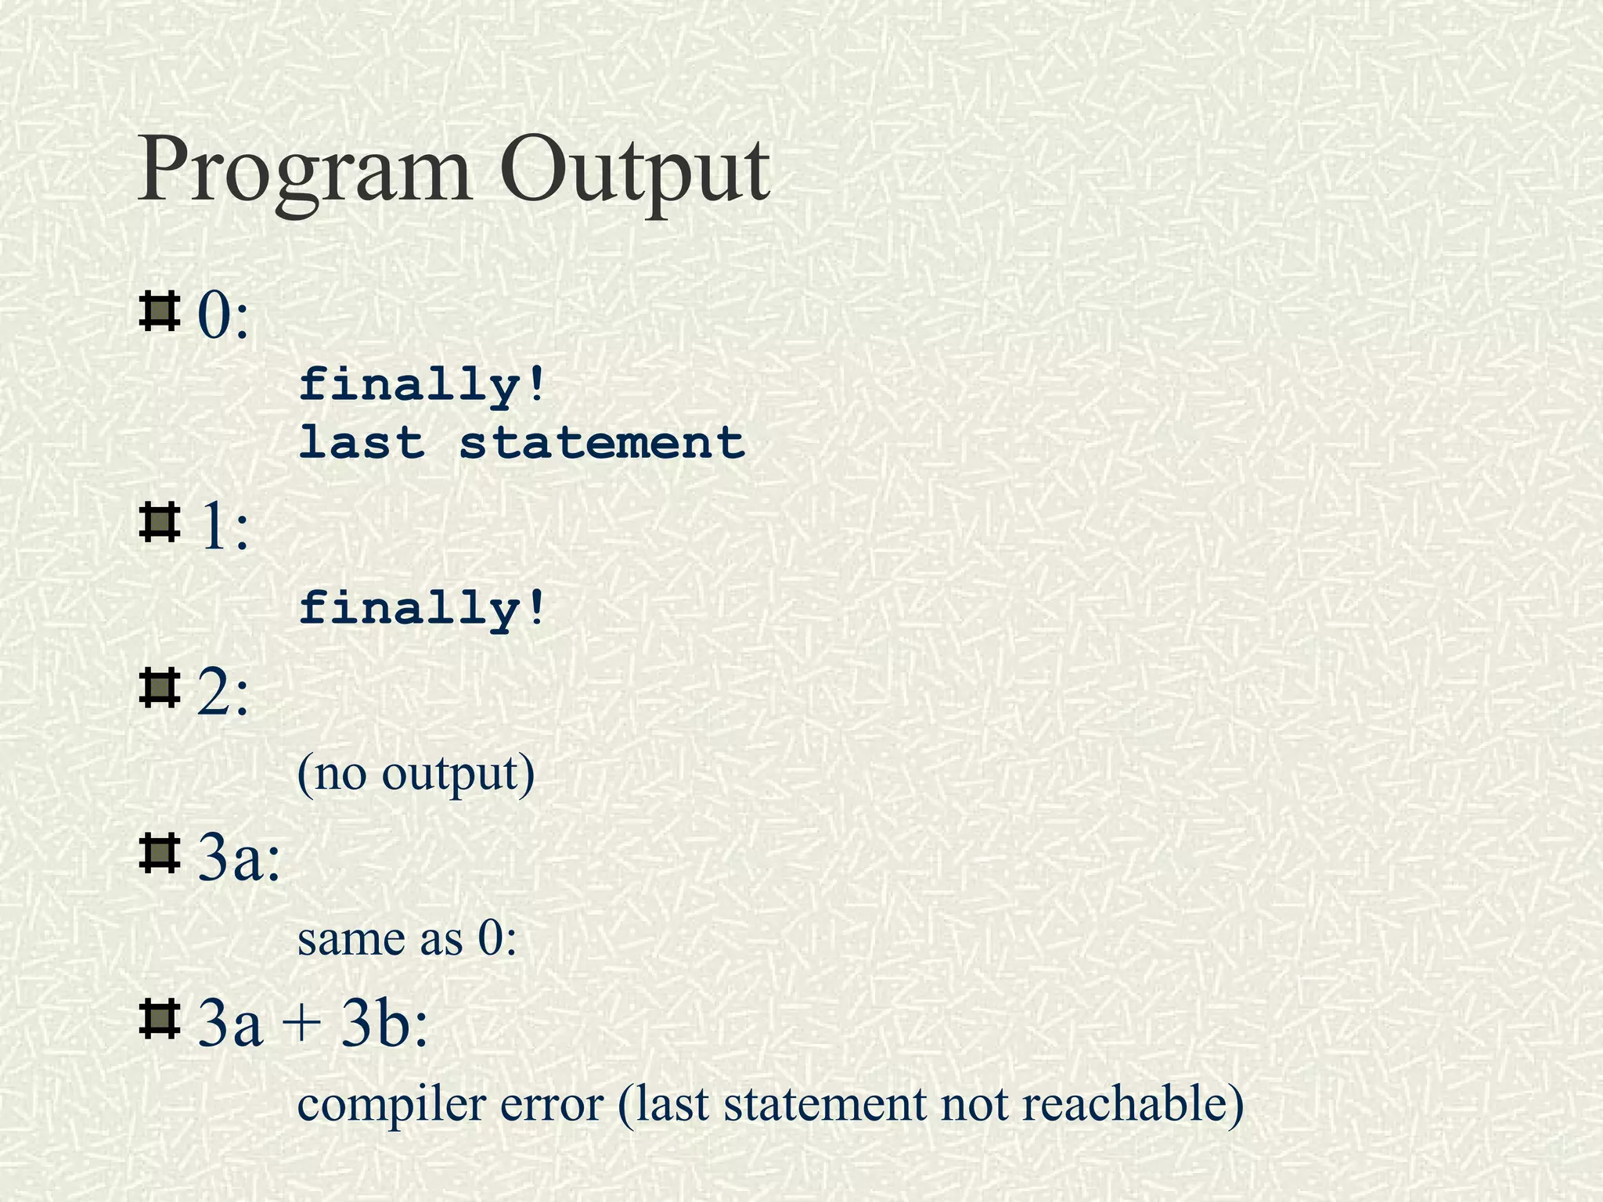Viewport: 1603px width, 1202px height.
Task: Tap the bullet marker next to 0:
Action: click(159, 311)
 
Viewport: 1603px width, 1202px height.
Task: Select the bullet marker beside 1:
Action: click(159, 524)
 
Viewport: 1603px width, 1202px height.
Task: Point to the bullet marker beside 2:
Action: click(159, 688)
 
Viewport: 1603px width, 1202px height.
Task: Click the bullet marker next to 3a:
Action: click(159, 854)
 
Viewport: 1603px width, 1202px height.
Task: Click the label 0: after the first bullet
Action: click(223, 317)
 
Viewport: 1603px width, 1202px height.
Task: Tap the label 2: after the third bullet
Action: click(223, 694)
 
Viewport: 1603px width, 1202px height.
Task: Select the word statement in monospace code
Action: click(601, 442)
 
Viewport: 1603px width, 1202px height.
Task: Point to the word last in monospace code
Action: click(362, 442)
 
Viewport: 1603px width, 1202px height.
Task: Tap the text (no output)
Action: click(416, 775)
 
